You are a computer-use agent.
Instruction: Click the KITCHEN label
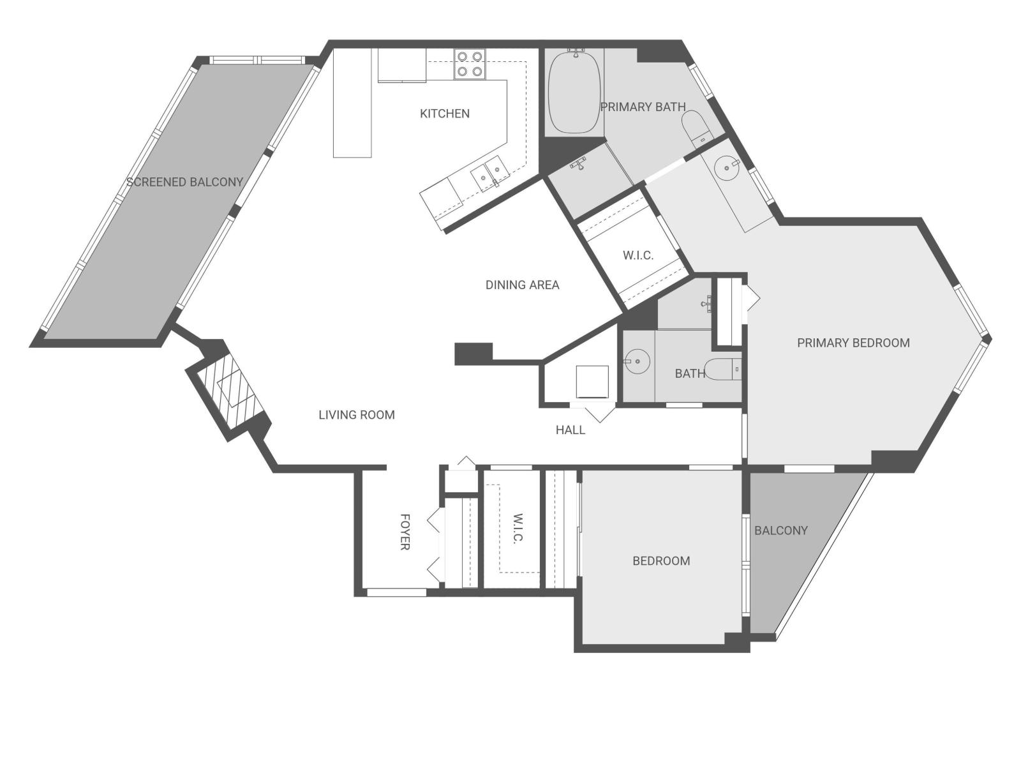(445, 114)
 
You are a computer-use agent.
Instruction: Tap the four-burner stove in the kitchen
(470, 64)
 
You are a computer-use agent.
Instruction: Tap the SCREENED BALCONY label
(185, 182)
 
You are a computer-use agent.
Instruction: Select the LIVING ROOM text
(357, 415)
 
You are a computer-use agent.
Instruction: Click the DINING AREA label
(522, 285)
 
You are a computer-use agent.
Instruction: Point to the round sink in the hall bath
(636, 362)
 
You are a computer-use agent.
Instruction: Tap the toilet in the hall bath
(725, 370)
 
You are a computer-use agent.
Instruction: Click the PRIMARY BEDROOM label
(853, 343)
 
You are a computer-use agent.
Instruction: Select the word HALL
(570, 430)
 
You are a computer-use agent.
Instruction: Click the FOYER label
(405, 531)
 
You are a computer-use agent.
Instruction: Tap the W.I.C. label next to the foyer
(518, 528)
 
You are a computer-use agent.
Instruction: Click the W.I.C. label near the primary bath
(637, 255)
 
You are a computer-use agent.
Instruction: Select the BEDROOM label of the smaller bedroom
(661, 561)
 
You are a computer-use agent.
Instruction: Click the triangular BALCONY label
(780, 530)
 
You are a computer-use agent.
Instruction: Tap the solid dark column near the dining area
(473, 353)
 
